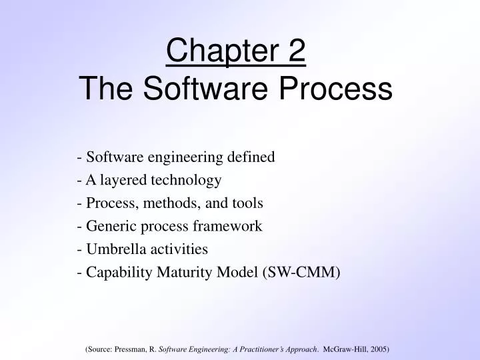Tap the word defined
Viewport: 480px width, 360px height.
(251, 157)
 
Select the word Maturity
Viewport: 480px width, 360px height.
(175, 272)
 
